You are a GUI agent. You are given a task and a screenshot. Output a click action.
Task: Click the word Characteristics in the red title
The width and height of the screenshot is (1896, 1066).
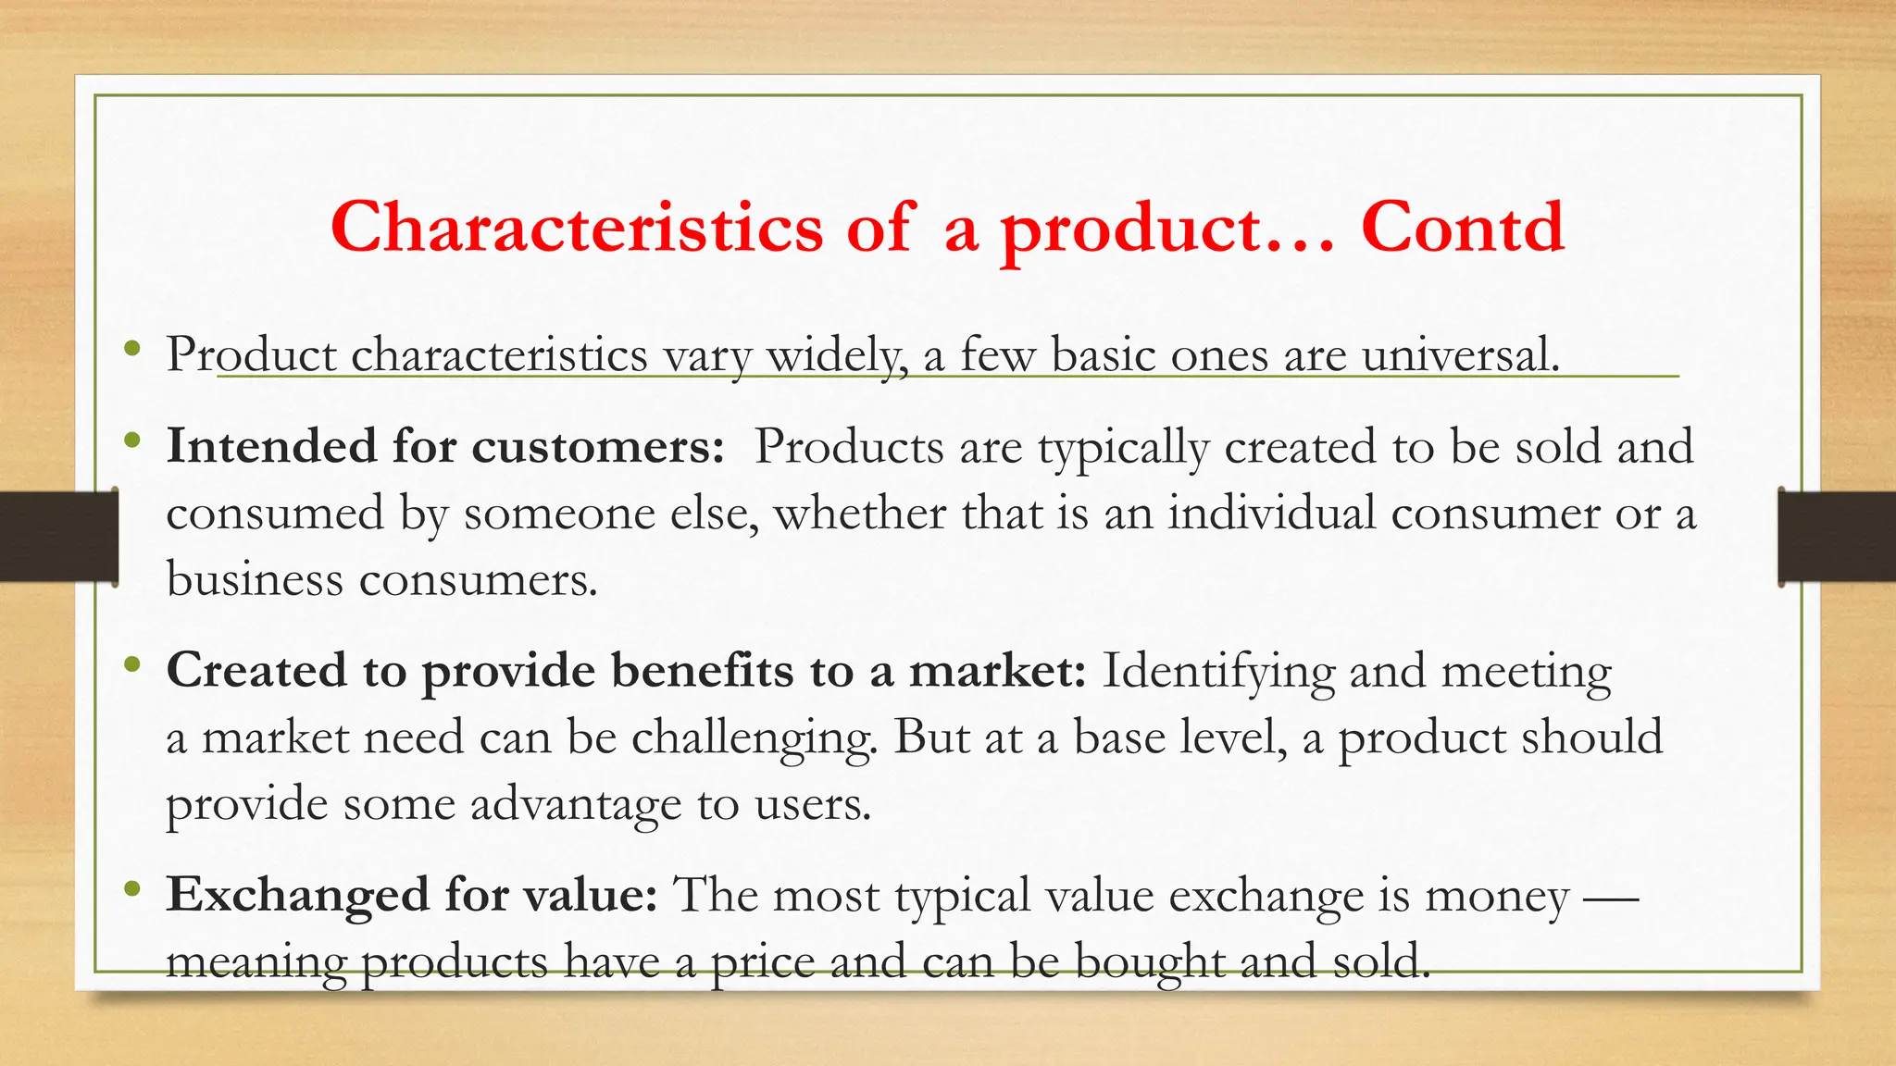point(576,228)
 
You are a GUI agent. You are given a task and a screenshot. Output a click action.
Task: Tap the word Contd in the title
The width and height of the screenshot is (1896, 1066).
point(1462,228)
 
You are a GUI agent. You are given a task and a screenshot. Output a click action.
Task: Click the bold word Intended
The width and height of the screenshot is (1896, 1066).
point(271,446)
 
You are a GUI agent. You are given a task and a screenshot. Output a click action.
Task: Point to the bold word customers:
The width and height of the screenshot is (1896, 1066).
point(598,446)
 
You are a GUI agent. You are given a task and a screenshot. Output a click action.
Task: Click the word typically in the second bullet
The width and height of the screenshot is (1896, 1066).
point(1123,448)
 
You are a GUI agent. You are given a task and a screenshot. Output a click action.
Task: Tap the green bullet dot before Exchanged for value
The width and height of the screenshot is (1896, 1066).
point(132,889)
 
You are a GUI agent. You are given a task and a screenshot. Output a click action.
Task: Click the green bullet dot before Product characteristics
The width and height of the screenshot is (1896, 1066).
point(132,349)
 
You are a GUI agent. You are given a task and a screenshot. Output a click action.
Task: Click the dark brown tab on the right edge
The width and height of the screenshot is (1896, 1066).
point(1837,537)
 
